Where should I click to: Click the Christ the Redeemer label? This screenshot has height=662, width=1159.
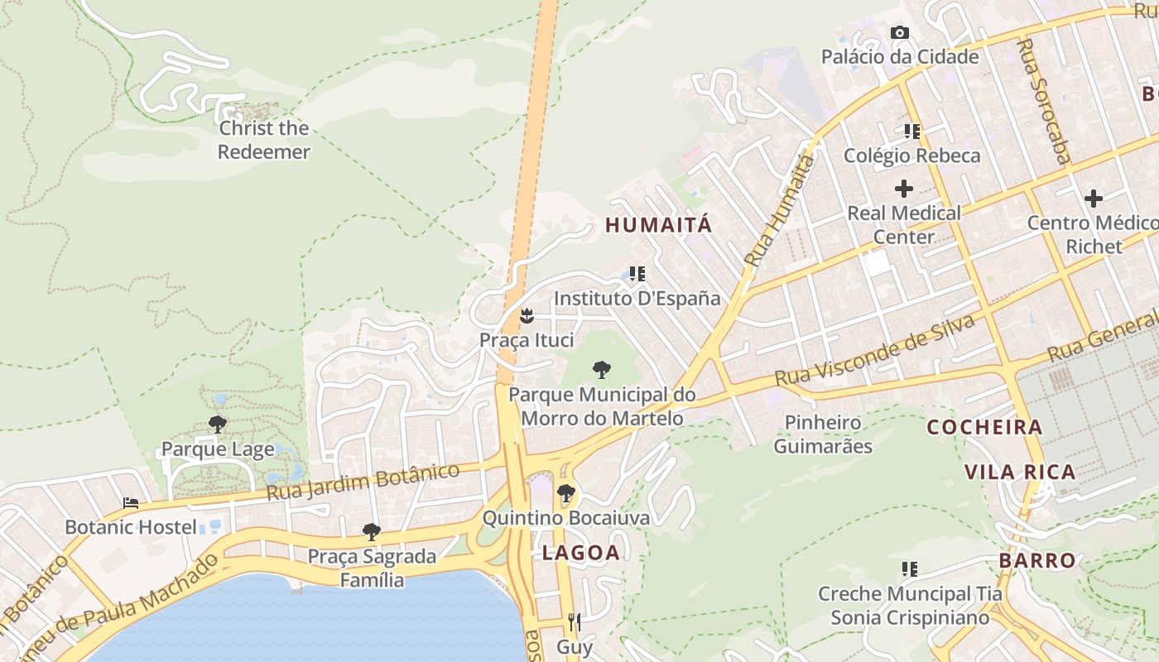tap(263, 140)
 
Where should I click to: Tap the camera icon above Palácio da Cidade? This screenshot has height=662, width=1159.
tap(899, 33)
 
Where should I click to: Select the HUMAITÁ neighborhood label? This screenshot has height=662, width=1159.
tap(658, 224)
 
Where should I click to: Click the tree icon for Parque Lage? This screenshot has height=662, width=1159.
tap(218, 425)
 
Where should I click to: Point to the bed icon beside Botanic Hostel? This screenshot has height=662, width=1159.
tap(131, 503)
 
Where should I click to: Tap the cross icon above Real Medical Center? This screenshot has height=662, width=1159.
tap(904, 189)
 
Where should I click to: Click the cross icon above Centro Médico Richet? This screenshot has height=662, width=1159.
tap(1094, 199)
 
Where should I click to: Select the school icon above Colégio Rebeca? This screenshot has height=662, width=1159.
tap(911, 132)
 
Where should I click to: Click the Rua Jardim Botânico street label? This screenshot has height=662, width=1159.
tap(363, 482)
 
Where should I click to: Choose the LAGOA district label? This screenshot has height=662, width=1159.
tap(581, 553)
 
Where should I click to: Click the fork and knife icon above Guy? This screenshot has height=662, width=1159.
tap(574, 622)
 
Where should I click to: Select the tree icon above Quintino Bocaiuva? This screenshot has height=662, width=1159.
tap(565, 494)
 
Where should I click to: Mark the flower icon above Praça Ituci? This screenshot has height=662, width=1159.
tap(526, 316)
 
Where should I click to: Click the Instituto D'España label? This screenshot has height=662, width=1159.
tap(637, 298)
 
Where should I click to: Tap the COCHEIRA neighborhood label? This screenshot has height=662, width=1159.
tap(984, 427)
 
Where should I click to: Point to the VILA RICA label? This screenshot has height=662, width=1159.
tap(1020, 472)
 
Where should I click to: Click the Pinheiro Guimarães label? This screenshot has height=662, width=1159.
tap(823, 434)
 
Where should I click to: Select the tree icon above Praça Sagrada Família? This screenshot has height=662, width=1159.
tap(372, 531)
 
